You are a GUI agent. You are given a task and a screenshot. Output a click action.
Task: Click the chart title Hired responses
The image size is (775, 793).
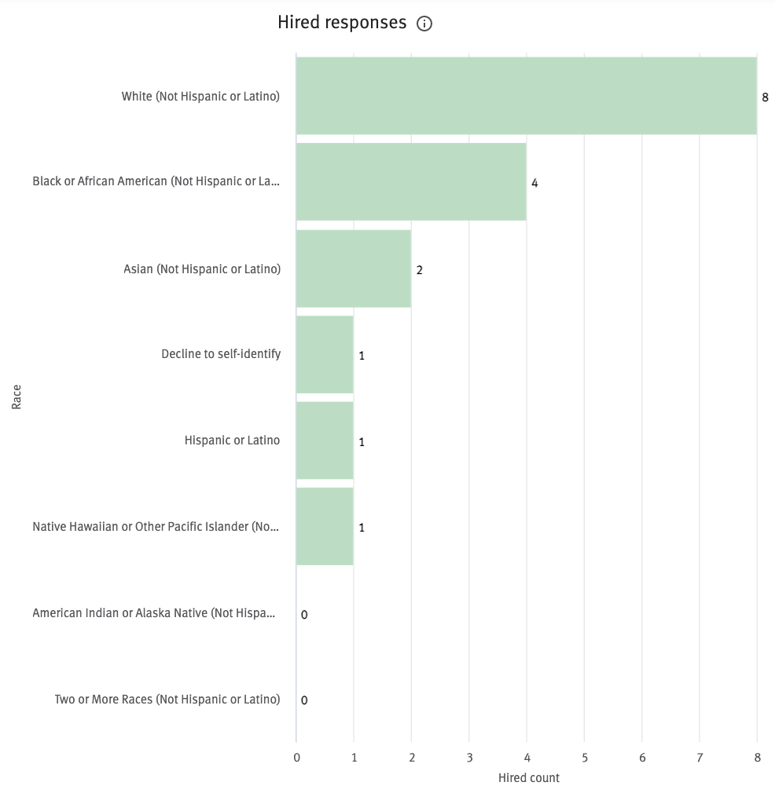[342, 23]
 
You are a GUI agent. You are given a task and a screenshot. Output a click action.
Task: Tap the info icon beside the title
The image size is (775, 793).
[424, 24]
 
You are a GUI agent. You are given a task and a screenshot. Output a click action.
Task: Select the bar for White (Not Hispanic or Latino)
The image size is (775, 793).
[526, 96]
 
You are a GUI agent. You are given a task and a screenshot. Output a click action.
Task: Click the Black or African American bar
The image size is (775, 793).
[410, 181]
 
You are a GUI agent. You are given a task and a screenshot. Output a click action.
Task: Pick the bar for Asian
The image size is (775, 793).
[353, 269]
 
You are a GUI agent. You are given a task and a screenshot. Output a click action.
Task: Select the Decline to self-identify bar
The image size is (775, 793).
[325, 354]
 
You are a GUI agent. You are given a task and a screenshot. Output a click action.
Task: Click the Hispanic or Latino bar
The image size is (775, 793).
[325, 440]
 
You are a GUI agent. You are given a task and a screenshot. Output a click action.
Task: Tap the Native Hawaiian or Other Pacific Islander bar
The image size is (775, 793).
[325, 526]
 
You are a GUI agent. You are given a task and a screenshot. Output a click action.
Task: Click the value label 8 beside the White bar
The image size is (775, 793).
[765, 97]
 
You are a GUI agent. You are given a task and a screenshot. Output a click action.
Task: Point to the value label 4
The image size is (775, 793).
[534, 183]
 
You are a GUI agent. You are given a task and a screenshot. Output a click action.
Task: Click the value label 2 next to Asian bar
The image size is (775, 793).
[419, 269]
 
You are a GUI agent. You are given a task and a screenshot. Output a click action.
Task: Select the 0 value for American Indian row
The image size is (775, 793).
[304, 614]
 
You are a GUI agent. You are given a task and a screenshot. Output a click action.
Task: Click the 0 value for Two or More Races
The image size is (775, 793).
[304, 700]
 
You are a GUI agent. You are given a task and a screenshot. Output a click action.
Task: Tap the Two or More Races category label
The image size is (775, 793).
[167, 699]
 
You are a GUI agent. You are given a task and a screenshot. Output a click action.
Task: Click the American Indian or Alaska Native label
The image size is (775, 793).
[154, 612]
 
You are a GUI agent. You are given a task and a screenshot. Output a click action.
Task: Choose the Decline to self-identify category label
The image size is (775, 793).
[221, 354]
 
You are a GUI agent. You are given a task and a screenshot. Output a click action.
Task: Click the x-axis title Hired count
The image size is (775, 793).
[529, 778]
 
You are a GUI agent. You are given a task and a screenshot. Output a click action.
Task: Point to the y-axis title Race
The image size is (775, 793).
[17, 396]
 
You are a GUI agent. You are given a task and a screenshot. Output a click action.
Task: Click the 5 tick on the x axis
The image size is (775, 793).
[584, 758]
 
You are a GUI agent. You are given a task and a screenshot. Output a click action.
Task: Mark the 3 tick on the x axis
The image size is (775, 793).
[469, 758]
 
